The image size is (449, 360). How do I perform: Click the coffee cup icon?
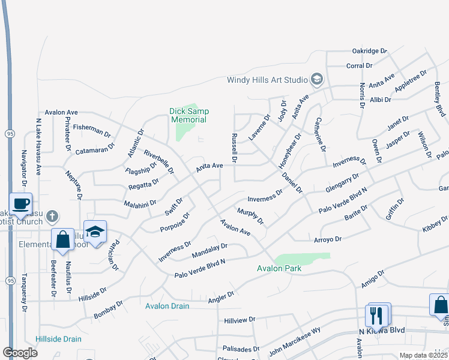(x=20, y=203)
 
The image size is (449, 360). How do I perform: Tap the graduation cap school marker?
(x=95, y=232)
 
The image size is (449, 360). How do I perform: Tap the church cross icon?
(x=53, y=215)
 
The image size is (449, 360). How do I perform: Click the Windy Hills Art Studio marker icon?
(x=316, y=79)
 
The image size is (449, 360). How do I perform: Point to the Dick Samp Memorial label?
(x=188, y=115)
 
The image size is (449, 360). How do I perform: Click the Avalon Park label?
(x=279, y=268)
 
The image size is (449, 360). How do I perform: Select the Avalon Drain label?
(x=167, y=306)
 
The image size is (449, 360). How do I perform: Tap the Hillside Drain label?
(x=58, y=339)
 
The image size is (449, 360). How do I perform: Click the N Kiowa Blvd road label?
(x=381, y=331)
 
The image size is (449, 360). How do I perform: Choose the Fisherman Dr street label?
(x=92, y=130)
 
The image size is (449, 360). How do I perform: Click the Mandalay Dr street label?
(x=209, y=250)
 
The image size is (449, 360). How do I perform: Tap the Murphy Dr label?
(x=250, y=217)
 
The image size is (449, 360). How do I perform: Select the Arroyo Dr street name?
(x=327, y=239)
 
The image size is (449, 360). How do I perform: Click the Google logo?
(x=20, y=352)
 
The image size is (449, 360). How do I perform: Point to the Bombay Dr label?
(x=108, y=310)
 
